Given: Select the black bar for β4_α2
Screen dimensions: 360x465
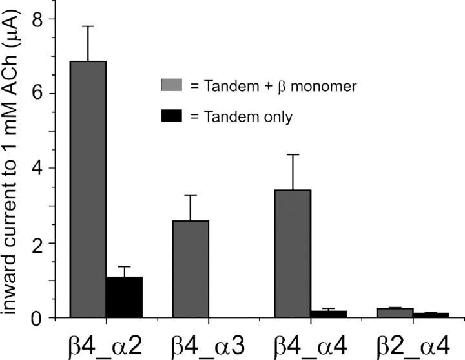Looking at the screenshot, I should click(124, 297).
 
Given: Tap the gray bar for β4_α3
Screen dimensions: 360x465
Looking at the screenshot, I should click(191, 269).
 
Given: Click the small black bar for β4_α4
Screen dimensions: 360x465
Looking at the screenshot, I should click(328, 314).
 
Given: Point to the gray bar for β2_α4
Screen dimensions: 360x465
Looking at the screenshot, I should click(395, 313).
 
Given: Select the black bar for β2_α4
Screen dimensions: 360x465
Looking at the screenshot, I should click(431, 315).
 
